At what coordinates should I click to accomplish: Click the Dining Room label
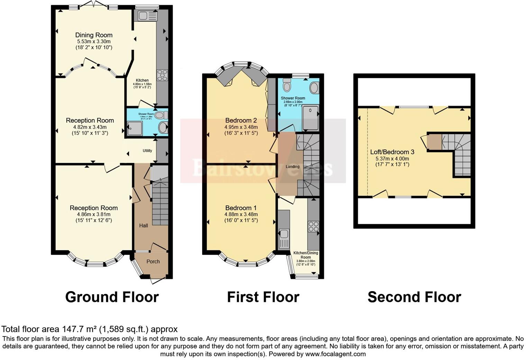(94, 35)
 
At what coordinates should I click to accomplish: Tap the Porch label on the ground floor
(153, 261)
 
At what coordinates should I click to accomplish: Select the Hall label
(144, 226)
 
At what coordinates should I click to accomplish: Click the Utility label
(147, 151)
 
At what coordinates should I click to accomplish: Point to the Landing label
(292, 166)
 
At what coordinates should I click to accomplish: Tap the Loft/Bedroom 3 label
(392, 152)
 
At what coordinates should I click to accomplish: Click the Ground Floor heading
(112, 297)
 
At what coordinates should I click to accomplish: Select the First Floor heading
(263, 297)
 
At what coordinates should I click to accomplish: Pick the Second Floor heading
(414, 297)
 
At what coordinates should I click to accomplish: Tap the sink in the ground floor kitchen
(147, 16)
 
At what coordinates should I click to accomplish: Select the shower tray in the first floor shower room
(310, 118)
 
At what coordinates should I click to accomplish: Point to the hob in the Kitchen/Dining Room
(314, 227)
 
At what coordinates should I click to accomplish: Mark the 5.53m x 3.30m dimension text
(94, 41)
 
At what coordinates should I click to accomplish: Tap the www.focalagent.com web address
(335, 354)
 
